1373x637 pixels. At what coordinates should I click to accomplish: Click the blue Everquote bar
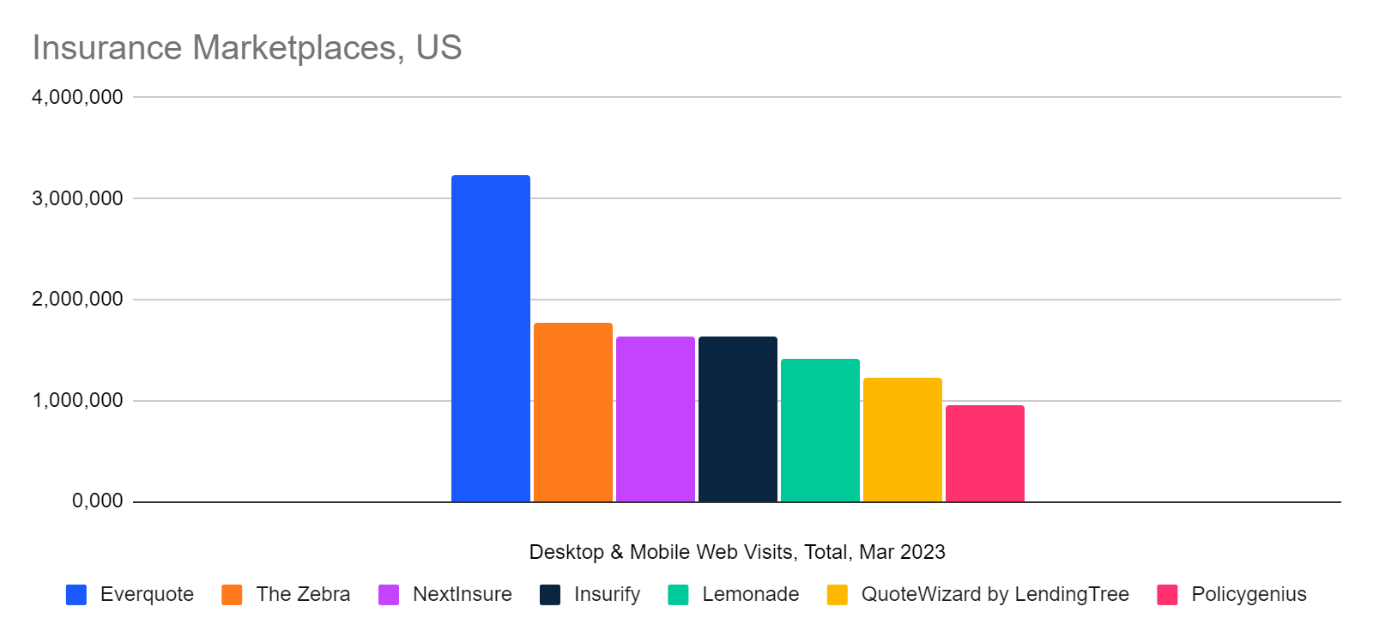[490, 339]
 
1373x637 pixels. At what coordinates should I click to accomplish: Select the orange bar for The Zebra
[572, 412]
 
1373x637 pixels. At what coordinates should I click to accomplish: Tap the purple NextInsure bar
[655, 419]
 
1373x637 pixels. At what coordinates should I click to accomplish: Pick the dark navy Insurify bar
[737, 419]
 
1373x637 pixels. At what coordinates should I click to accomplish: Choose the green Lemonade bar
[820, 430]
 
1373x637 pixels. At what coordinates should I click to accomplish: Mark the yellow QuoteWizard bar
[902, 440]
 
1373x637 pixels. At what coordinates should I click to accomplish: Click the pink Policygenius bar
[984, 453]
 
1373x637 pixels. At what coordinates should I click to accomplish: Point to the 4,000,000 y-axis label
[77, 97]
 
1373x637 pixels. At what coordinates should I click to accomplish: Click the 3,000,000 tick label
[77, 198]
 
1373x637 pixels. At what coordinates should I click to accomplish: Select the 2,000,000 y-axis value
[77, 300]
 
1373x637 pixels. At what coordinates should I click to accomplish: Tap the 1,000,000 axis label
[77, 400]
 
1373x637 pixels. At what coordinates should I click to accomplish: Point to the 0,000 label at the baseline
[97, 500]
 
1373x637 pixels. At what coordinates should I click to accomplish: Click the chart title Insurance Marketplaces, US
[247, 48]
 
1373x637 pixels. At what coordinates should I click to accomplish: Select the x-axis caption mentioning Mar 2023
[737, 552]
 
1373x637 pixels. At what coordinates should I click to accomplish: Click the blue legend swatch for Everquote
[76, 595]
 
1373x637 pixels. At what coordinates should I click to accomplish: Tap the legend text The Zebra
[303, 594]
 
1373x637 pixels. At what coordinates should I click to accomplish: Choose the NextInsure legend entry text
[462, 594]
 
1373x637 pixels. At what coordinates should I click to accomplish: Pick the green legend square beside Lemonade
[678, 595]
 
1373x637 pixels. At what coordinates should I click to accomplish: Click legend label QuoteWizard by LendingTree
[995, 594]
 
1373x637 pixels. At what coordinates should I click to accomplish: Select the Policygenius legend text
[1249, 594]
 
